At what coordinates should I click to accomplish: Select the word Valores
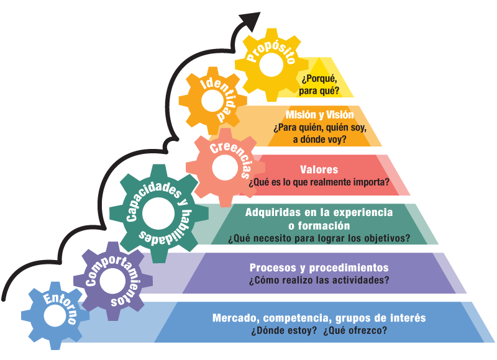pyautogui.click(x=319, y=169)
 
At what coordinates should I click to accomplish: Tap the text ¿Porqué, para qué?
pyautogui.click(x=320, y=84)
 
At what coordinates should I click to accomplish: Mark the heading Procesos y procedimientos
pyautogui.click(x=319, y=268)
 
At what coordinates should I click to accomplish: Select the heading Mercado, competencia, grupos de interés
pyautogui.click(x=319, y=318)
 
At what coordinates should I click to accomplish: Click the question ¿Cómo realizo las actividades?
pyautogui.click(x=319, y=280)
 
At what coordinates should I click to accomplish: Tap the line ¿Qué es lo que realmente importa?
pyautogui.click(x=319, y=182)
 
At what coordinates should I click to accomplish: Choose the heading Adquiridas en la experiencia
pyautogui.click(x=319, y=212)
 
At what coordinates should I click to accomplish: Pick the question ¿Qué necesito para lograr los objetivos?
pyautogui.click(x=319, y=238)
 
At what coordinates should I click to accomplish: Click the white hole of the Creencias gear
pyautogui.click(x=223, y=166)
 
